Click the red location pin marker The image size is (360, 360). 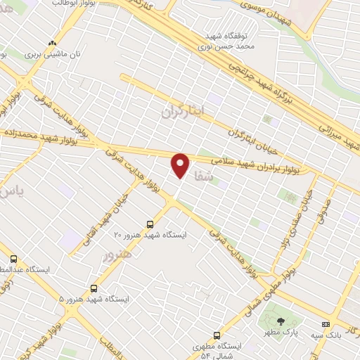coord(181,165)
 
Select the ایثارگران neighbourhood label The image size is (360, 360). coord(181,110)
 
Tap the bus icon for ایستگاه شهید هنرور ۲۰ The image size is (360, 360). coord(149,224)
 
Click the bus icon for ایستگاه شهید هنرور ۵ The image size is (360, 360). coord(94,288)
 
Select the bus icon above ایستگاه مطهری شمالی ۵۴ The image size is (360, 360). coord(217,335)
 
